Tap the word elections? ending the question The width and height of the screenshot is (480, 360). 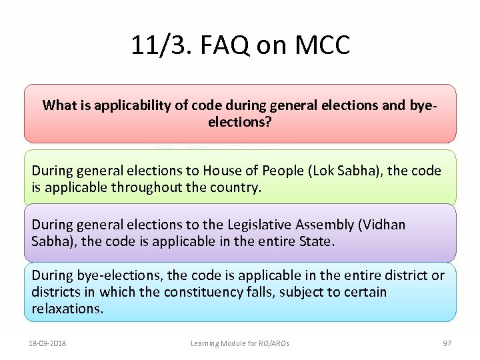tap(240, 123)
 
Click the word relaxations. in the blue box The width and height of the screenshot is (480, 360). tap(67, 309)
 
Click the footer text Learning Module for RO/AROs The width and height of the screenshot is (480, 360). tap(240, 344)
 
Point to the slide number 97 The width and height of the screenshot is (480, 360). tap(447, 344)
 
